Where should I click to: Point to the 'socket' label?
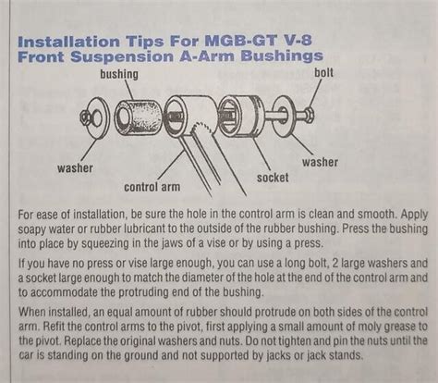click(272, 176)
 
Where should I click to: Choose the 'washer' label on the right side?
click(319, 163)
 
